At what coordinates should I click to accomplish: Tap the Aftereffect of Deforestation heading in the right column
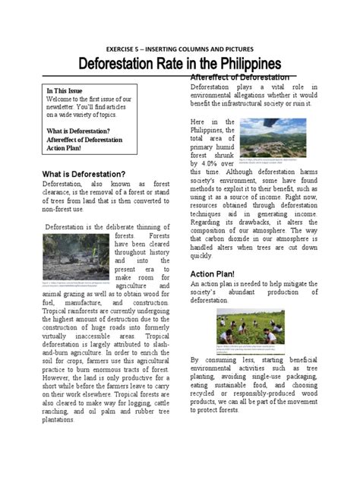tap(240, 77)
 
